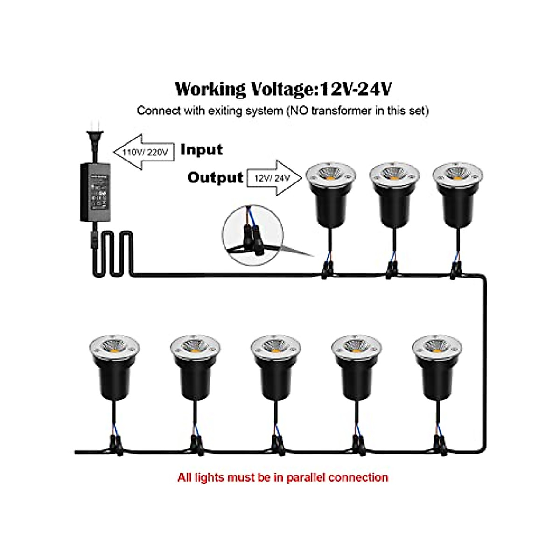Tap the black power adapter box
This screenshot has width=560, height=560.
click(96, 192)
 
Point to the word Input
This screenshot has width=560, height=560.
click(202, 150)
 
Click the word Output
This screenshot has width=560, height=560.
click(215, 177)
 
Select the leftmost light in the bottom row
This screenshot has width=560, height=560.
click(114, 366)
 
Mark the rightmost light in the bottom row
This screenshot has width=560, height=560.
click(437, 366)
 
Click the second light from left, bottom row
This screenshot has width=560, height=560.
click(195, 366)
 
